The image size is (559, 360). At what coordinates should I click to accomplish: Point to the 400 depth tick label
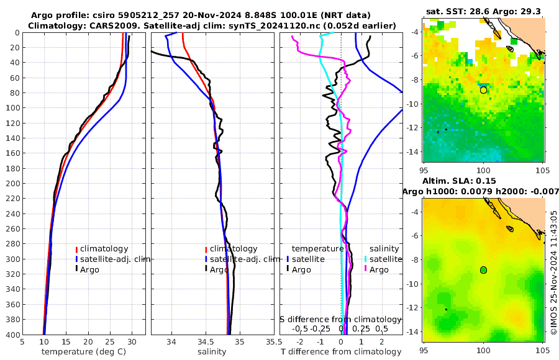click(x=11, y=335)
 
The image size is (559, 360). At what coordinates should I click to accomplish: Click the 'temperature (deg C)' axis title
click(x=84, y=352)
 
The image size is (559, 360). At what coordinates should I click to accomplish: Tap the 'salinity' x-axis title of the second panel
click(x=212, y=352)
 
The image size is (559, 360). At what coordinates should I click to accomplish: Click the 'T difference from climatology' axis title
click(x=340, y=352)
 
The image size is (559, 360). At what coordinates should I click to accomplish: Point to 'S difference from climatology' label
click(x=340, y=319)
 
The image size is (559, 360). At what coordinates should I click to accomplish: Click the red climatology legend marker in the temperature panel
click(x=76, y=249)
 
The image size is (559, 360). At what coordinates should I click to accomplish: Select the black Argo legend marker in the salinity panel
click(x=206, y=269)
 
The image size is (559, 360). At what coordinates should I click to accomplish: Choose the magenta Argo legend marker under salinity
click(x=366, y=269)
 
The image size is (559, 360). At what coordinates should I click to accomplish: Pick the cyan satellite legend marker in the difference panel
click(x=366, y=259)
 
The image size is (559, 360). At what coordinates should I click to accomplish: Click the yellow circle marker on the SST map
click(x=483, y=90)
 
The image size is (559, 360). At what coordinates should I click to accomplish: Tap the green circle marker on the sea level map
click(x=483, y=269)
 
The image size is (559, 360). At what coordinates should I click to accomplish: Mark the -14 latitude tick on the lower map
click(x=412, y=331)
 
